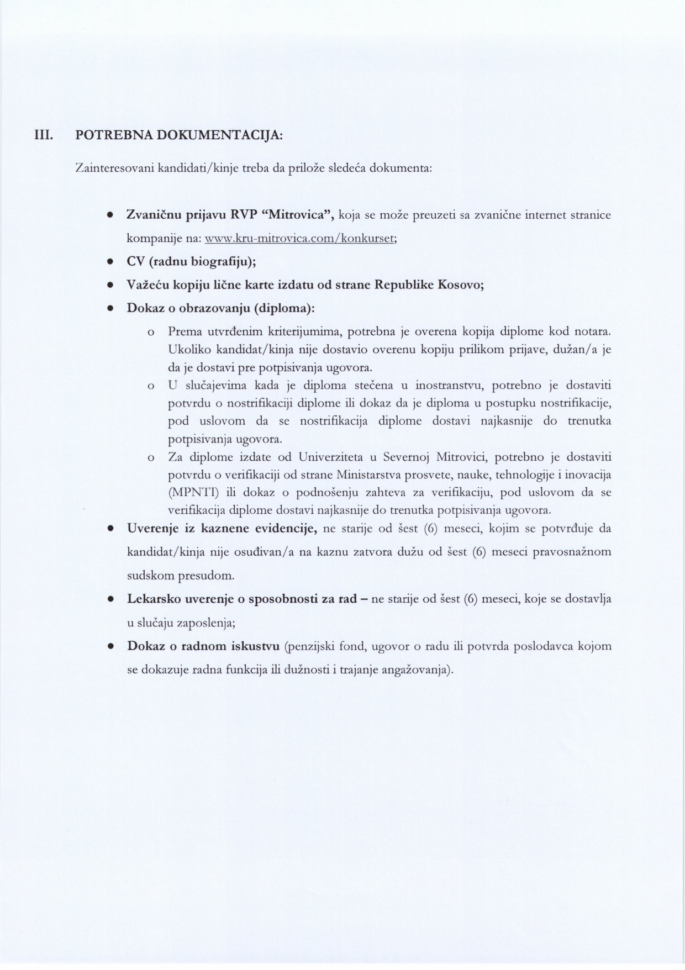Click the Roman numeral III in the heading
[42, 135]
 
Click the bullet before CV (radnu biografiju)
[110, 262]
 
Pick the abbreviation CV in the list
[136, 262]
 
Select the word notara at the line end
[593, 332]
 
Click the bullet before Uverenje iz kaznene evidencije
[110, 529]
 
